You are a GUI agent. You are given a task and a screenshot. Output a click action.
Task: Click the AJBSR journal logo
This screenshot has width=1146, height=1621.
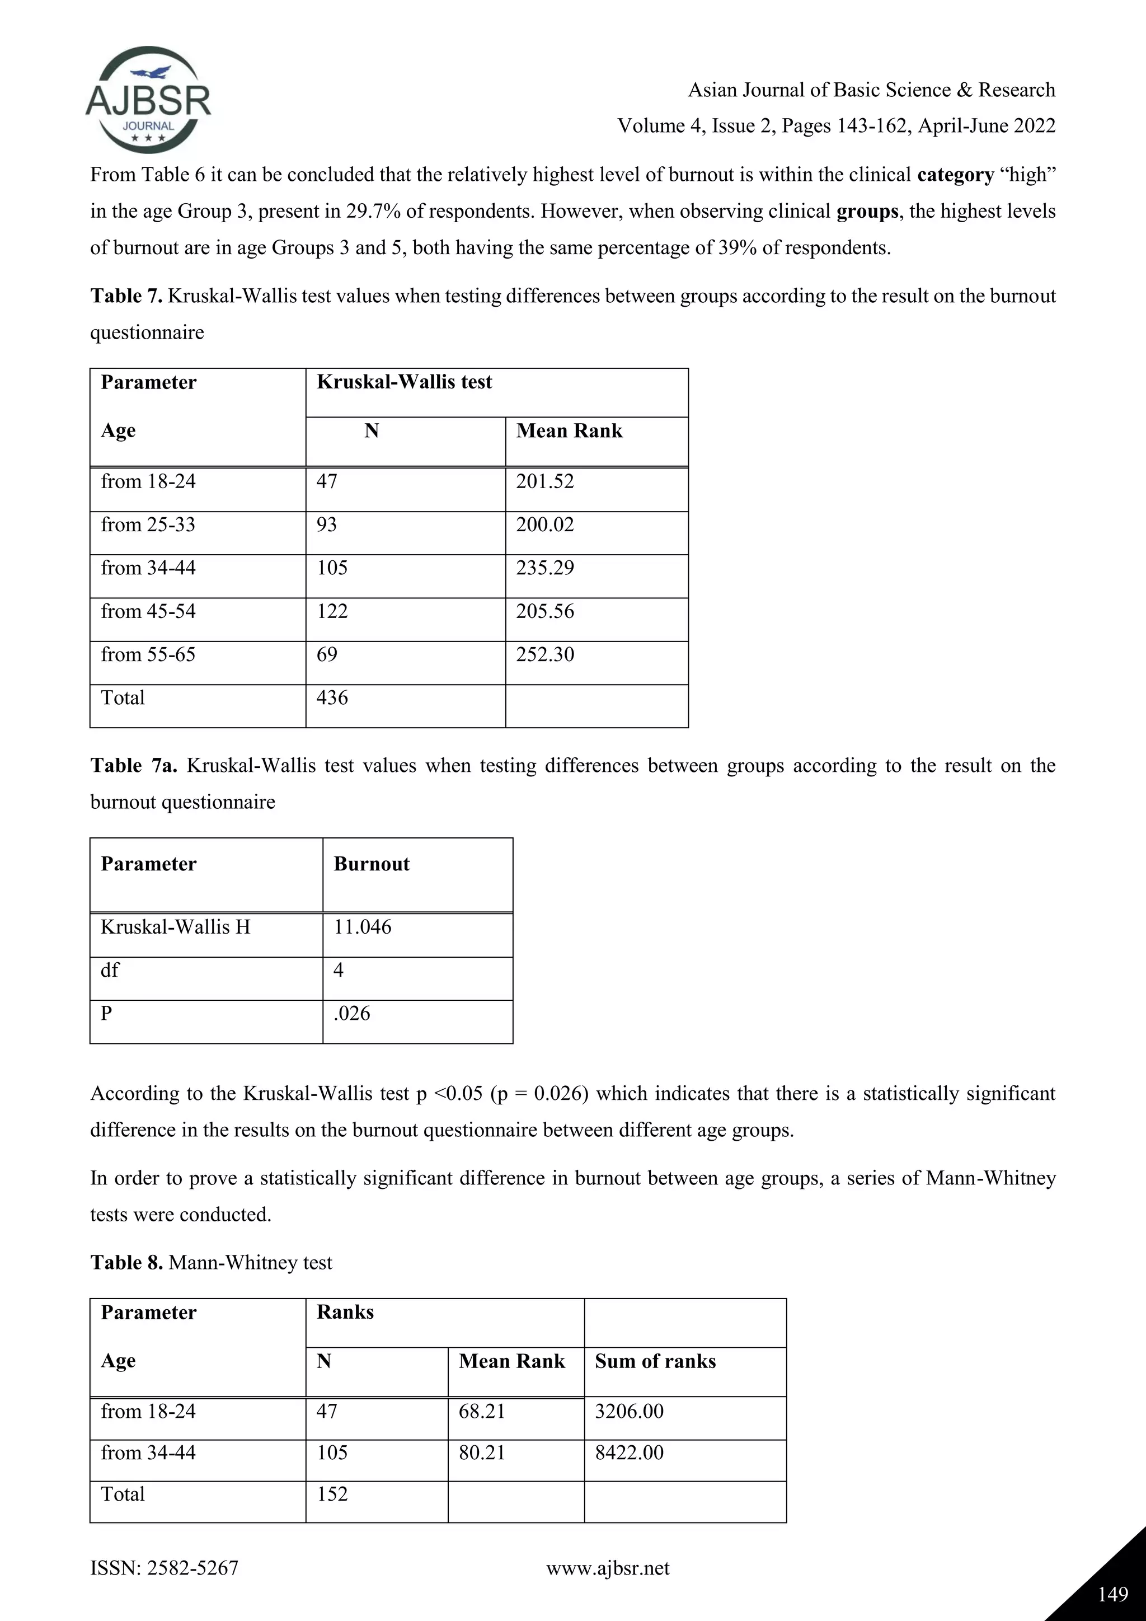[x=148, y=100]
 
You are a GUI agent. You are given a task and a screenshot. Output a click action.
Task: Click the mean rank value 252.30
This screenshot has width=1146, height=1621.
[x=545, y=654]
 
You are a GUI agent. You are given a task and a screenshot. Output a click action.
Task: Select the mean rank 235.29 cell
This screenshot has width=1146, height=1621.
[x=545, y=568]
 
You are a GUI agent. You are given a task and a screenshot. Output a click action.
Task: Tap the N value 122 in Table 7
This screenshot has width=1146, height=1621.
[x=332, y=611]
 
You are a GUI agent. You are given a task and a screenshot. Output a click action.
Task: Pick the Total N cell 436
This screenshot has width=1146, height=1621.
[x=332, y=697]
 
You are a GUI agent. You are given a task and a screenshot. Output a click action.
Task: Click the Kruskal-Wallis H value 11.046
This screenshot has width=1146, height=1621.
[x=362, y=927]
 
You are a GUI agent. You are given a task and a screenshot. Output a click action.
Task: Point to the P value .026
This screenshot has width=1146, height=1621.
[x=351, y=1014]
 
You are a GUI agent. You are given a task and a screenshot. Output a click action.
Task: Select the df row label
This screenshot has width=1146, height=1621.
[x=110, y=970]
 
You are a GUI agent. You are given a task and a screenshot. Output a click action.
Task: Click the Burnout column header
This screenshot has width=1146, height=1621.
[x=371, y=864]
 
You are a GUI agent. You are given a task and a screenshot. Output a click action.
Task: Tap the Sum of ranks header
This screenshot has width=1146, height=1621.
[x=655, y=1361]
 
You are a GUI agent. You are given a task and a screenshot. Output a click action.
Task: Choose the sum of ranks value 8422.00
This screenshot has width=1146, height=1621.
[x=629, y=1453]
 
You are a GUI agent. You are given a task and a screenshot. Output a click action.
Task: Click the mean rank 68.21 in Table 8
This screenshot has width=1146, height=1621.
[x=481, y=1411]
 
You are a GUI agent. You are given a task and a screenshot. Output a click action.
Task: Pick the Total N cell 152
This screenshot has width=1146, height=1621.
[x=332, y=1494]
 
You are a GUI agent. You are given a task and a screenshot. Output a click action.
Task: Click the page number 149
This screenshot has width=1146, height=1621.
[x=1113, y=1594]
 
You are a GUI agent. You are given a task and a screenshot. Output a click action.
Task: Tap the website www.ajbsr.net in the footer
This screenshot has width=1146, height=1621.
[x=608, y=1568]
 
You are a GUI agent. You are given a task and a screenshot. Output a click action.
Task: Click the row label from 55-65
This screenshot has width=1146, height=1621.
[x=148, y=654]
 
